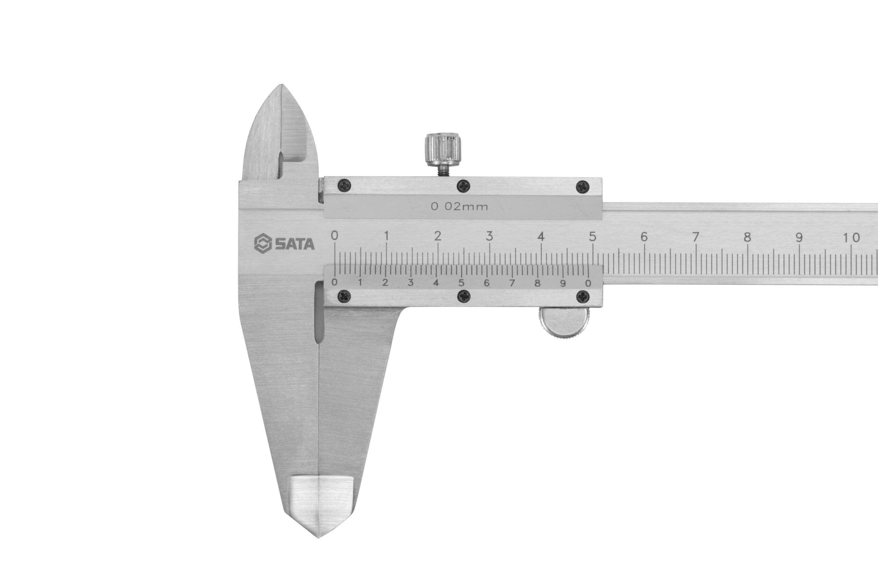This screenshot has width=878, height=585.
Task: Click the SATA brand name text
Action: [295, 244]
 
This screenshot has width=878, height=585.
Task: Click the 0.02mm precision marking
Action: [459, 207]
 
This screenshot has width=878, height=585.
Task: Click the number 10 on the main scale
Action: [852, 237]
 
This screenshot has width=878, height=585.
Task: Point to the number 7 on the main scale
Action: [696, 237]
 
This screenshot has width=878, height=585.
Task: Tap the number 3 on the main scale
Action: [489, 236]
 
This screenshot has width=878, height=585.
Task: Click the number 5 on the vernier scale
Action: [461, 282]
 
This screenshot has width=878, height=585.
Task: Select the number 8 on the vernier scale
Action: [537, 283]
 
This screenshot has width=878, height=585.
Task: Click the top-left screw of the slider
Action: [344, 185]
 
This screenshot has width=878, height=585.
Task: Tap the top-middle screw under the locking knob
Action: [464, 185]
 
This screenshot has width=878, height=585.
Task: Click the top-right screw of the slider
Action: [583, 186]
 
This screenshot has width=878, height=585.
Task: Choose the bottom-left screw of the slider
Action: [344, 296]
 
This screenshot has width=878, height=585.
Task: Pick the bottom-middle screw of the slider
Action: [464, 296]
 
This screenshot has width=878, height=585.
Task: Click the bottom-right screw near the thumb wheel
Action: [583, 297]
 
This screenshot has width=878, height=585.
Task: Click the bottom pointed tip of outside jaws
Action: [318, 536]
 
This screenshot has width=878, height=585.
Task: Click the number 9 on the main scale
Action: [798, 237]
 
